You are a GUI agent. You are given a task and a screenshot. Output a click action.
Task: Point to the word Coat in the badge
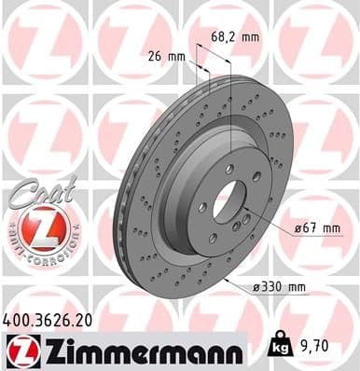tap(34, 191)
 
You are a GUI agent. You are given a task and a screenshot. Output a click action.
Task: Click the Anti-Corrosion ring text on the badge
tap(36, 253)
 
